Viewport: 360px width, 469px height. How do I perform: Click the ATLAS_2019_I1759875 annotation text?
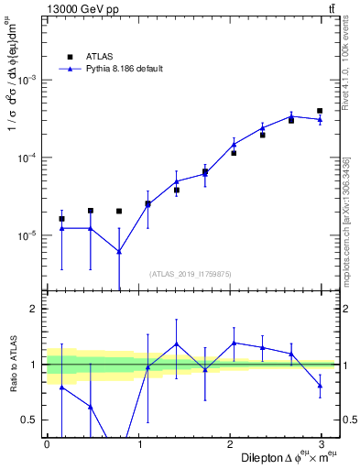[191, 273]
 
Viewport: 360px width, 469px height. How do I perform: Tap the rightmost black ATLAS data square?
[320, 111]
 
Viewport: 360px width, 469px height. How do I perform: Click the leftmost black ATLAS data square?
[61, 219]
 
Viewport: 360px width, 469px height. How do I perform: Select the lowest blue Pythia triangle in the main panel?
[119, 252]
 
